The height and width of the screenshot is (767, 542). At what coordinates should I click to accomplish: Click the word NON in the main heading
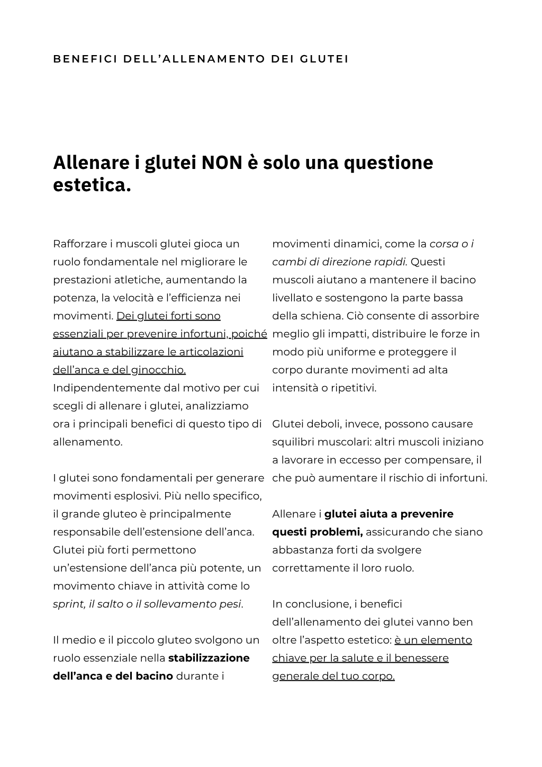pos(222,162)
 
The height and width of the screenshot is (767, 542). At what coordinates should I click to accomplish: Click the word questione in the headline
pos(388,162)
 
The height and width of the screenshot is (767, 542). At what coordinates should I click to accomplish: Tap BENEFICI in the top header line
pos(85,59)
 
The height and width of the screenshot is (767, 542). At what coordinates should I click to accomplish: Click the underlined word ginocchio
pos(158,370)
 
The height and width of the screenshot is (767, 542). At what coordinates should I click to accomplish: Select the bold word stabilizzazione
pos(209,658)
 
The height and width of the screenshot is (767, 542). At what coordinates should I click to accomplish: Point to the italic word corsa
pos(444,244)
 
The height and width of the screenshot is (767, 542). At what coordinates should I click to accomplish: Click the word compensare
pos(445,460)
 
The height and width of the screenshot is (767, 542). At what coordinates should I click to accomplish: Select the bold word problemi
pos(337,532)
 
